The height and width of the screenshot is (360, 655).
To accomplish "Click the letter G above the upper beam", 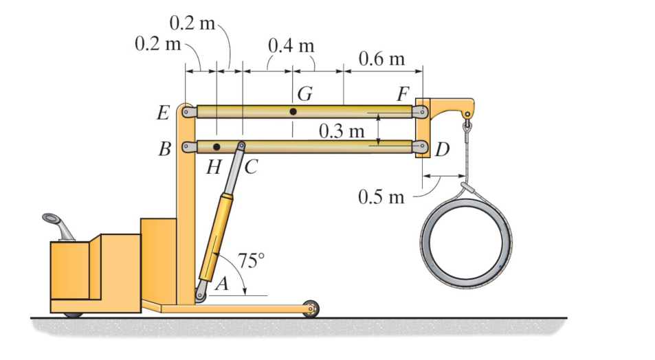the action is tap(305, 93).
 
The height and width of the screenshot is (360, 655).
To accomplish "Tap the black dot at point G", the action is tap(293, 111).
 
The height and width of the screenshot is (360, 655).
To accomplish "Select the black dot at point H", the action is tap(217, 147).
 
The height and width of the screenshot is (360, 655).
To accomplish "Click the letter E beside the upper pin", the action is tap(164, 113).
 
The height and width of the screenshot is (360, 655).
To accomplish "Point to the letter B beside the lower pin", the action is tap(164, 148).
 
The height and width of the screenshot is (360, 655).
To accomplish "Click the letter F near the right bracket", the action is tap(403, 93).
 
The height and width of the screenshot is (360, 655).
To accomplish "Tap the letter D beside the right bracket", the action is tap(442, 149).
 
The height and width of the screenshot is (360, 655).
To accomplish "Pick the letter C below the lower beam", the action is tap(252, 167).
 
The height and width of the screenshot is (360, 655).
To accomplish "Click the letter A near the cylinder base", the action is tap(223, 284).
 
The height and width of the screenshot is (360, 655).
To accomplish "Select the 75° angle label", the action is tap(251, 260).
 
